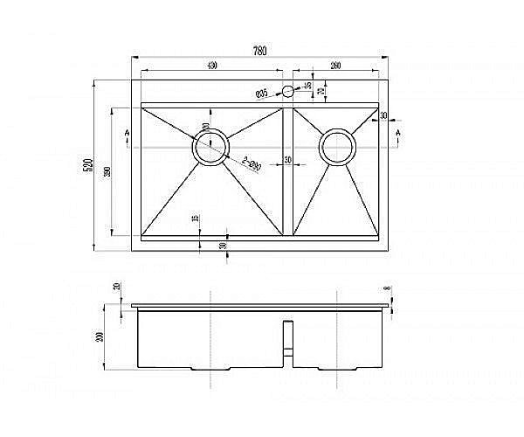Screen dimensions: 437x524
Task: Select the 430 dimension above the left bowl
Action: [211, 66]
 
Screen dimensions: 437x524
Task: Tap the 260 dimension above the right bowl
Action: [336, 66]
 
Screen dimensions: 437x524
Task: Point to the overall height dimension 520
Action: [88, 166]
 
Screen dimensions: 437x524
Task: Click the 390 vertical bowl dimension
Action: [107, 171]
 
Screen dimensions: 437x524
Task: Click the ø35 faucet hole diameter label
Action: [261, 94]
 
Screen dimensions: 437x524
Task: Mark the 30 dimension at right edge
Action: [384, 114]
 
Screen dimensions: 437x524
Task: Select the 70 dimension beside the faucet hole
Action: [321, 91]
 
